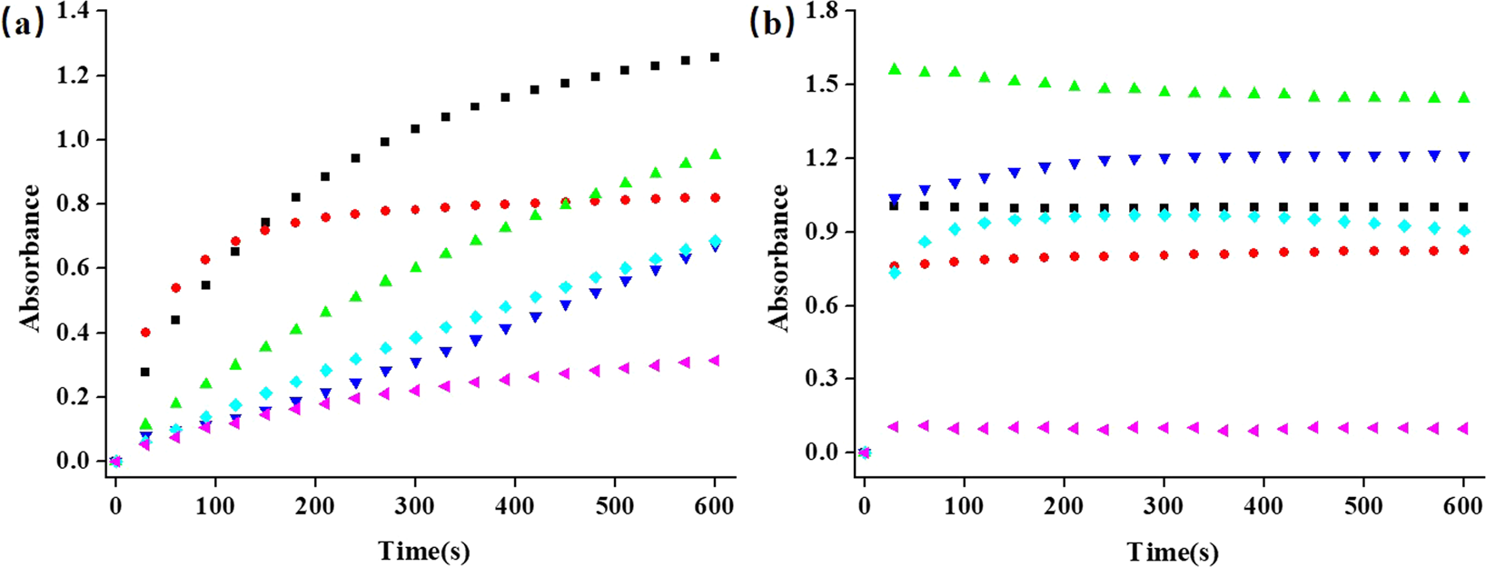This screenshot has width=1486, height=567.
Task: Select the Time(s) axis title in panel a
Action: [424, 551]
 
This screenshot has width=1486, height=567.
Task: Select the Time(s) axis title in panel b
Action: [1173, 551]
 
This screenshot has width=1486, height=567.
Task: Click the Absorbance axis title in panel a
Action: [30, 257]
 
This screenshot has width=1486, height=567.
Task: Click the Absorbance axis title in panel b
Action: [778, 257]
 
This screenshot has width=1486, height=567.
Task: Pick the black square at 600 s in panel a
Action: [715, 57]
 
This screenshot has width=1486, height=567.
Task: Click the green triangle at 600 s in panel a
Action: [715, 154]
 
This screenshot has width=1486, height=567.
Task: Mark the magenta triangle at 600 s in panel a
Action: [714, 361]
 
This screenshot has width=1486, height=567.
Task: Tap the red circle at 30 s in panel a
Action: [145, 333]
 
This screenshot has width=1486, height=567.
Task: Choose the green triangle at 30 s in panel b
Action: [895, 69]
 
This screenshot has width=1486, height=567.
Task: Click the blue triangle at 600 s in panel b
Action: [1463, 156]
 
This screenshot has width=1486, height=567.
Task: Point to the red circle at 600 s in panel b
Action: [1463, 249]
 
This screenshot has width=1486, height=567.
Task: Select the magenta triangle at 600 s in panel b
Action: [1462, 428]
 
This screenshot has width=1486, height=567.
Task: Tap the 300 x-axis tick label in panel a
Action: [414, 506]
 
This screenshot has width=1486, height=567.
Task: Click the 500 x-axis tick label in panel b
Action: [1362, 506]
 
